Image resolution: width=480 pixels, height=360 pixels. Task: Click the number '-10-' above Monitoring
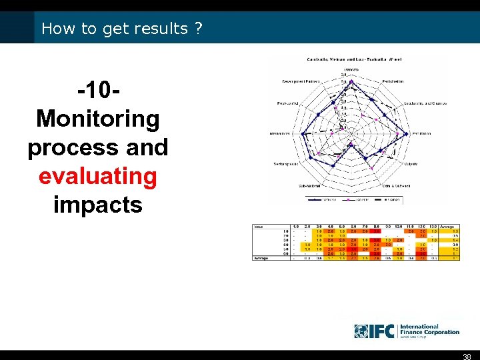pos(97,90)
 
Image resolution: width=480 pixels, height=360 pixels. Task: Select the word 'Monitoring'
pos(97,119)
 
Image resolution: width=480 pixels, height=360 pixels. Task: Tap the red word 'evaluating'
pos(97,176)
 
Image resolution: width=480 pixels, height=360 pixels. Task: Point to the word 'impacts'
pos(97,205)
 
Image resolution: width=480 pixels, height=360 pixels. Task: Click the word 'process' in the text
pos(67,147)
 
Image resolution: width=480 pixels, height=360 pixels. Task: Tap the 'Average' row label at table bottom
pos(261,257)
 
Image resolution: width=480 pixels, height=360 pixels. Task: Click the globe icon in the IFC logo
pos(361,331)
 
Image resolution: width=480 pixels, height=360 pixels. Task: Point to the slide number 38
pos(467,355)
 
